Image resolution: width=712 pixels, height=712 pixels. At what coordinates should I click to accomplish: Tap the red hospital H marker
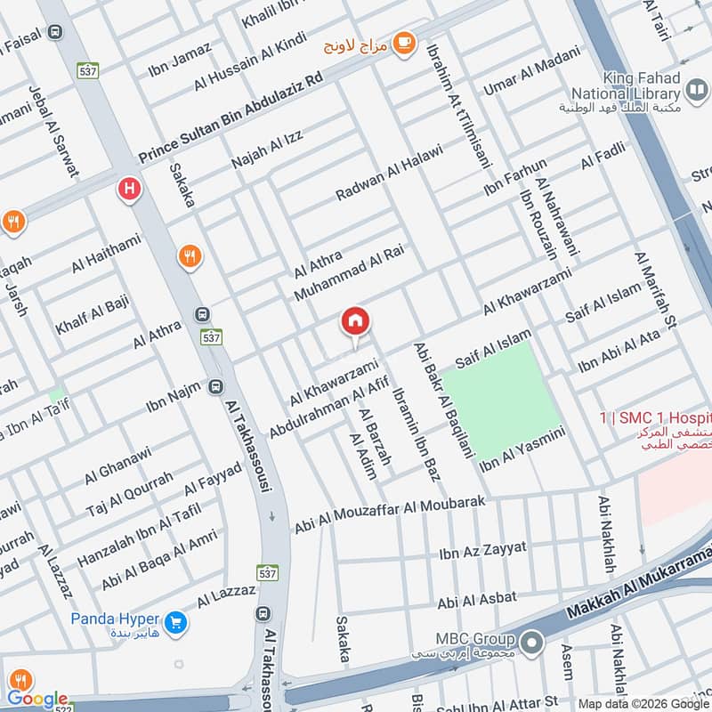(130, 189)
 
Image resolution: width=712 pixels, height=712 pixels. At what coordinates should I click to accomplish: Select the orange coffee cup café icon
(403, 42)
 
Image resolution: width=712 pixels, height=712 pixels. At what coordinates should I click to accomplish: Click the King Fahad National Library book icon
(697, 91)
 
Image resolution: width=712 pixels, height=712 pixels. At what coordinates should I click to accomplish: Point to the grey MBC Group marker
(532, 640)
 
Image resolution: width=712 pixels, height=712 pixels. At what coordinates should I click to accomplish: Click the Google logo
(36, 699)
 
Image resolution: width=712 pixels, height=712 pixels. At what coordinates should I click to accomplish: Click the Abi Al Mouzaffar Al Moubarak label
(390, 514)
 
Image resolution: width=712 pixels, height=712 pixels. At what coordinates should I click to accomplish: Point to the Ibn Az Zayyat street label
(482, 551)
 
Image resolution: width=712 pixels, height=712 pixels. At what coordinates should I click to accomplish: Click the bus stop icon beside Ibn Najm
(215, 387)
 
